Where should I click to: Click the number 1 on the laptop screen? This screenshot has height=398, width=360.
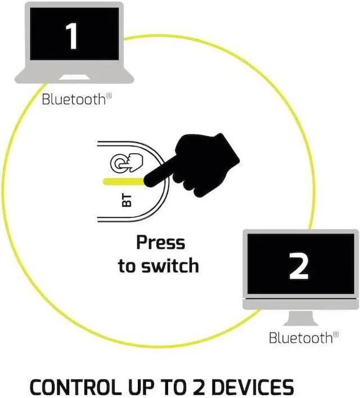[72, 35]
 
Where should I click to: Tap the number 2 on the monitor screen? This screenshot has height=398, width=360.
[299, 266]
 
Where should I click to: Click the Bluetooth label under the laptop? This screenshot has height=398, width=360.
[74, 100]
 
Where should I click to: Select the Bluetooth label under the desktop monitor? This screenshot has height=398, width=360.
[301, 338]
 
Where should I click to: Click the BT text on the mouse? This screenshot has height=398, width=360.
[127, 200]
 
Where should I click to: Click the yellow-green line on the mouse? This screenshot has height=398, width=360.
[121, 181]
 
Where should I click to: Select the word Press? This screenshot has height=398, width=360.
[160, 243]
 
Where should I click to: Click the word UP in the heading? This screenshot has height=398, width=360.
[139, 388]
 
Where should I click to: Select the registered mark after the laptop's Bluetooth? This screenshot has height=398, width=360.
[109, 96]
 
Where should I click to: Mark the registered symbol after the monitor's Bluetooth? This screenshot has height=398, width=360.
[336, 334]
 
